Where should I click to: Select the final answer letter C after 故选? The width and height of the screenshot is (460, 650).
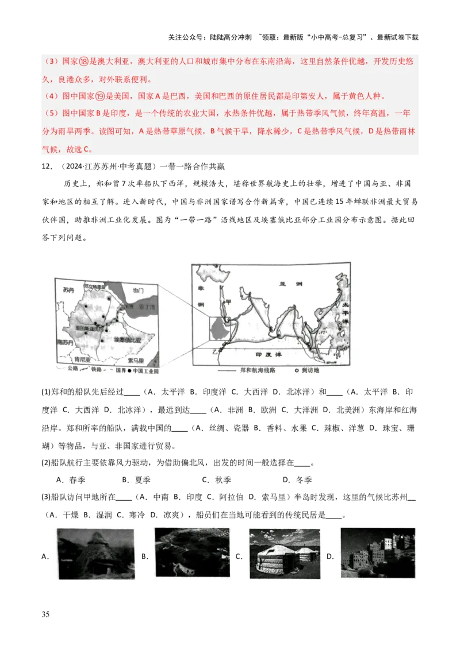(86, 149)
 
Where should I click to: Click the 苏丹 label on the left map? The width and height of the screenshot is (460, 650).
(69, 291)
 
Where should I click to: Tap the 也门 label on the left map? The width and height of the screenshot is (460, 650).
(139, 291)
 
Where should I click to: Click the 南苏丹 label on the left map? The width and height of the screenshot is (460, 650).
(65, 342)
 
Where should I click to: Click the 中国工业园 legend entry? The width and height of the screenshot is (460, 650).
(146, 370)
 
